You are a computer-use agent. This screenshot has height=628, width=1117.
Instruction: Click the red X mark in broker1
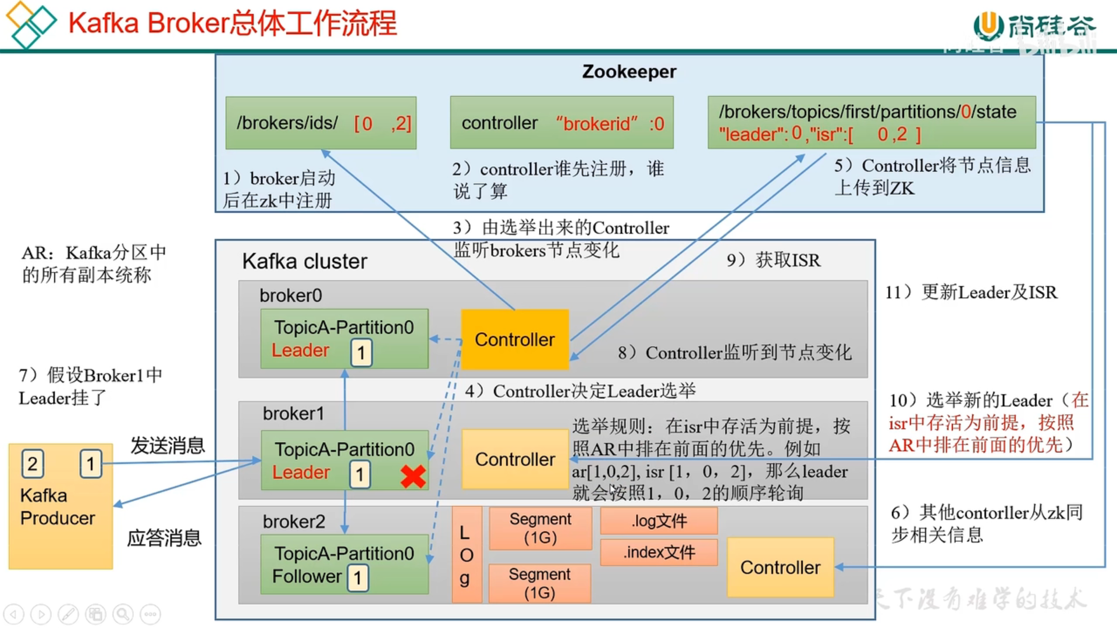pos(413,476)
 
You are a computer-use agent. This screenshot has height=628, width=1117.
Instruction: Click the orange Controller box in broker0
pos(515,340)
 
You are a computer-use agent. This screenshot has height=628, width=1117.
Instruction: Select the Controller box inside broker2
pos(780,568)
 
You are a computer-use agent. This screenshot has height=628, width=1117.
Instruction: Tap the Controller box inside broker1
pos(515,459)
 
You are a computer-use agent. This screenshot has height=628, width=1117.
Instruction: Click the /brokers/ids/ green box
pos(321,123)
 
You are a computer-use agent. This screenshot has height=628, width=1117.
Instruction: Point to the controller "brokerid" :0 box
pos(561,123)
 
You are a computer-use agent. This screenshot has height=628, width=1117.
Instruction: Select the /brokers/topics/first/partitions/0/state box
pos(871,123)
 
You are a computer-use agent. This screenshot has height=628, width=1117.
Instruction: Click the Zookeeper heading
pos(629,72)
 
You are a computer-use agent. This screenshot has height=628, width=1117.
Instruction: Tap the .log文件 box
pos(659,521)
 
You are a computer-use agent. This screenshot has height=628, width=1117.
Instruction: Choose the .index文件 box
pos(659,552)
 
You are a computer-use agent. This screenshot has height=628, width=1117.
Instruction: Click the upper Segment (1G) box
pos(540,528)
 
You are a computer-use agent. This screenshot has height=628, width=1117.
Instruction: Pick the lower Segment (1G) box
pos(539,583)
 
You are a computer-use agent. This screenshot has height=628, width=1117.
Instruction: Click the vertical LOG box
pos(466,555)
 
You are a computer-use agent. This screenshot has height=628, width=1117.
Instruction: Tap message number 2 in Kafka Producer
pos(33,463)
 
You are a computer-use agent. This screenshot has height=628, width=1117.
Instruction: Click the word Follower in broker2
pos(307,576)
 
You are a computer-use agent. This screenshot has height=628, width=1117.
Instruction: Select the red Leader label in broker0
pos(300,350)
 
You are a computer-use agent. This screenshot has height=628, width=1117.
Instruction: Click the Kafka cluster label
pos(304,262)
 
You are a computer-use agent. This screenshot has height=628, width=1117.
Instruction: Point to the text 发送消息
pos(168,445)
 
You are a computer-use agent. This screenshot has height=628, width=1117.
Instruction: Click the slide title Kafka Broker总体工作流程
pos(232,24)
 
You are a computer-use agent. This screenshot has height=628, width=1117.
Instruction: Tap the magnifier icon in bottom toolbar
pos(123,614)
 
